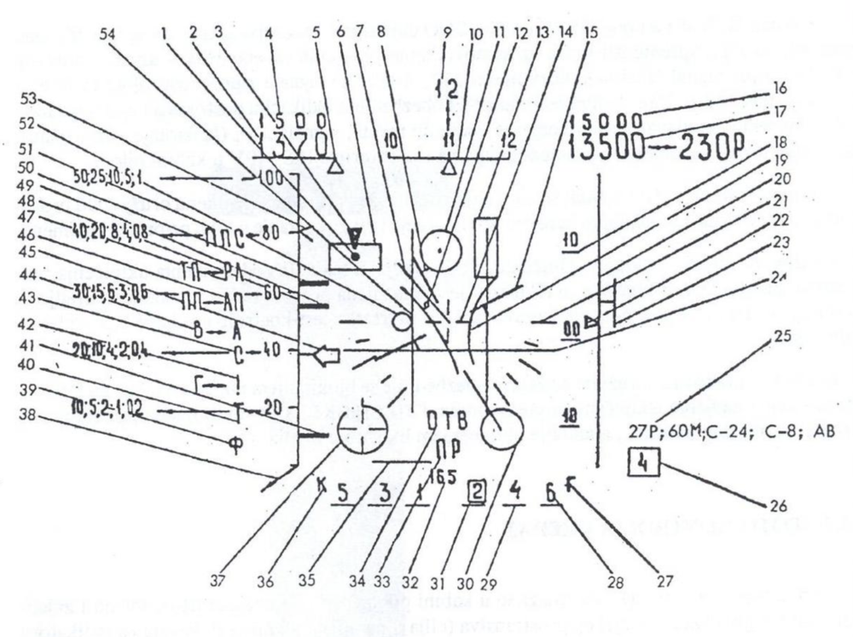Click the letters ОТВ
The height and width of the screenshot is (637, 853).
(x=445, y=420)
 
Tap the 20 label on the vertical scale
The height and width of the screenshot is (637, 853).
(x=270, y=383)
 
